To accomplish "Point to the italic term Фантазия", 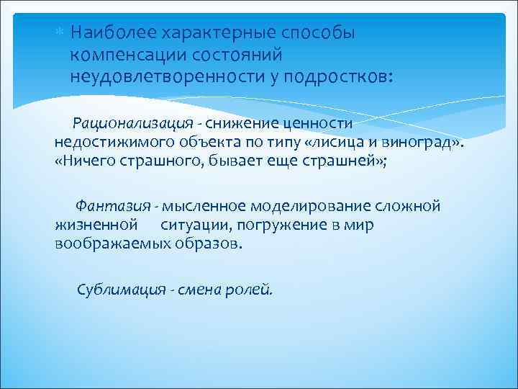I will [106, 206].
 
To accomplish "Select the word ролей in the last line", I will [255, 290].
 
